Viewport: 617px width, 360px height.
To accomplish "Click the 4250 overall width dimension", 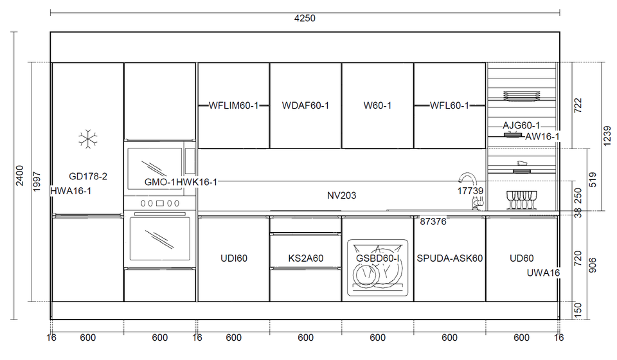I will [305, 19].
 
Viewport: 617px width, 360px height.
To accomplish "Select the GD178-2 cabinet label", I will [88, 176].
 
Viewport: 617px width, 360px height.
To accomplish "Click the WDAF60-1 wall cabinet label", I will [305, 105].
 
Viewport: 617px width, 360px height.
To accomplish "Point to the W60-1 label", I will [377, 105].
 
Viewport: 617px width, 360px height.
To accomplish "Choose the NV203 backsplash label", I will [341, 195].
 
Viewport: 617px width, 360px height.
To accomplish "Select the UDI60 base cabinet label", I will [233, 258].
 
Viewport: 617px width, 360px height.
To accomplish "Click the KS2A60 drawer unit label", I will [305, 258].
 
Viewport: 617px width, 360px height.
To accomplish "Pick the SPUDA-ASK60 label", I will [449, 258].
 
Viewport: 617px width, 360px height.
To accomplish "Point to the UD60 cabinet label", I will [521, 258].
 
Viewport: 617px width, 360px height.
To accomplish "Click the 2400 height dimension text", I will [20, 175].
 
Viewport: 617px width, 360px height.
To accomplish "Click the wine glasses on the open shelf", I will [521, 199].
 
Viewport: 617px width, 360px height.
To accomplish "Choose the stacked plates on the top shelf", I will [521, 97].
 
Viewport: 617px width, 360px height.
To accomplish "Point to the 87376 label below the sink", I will [433, 222].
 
